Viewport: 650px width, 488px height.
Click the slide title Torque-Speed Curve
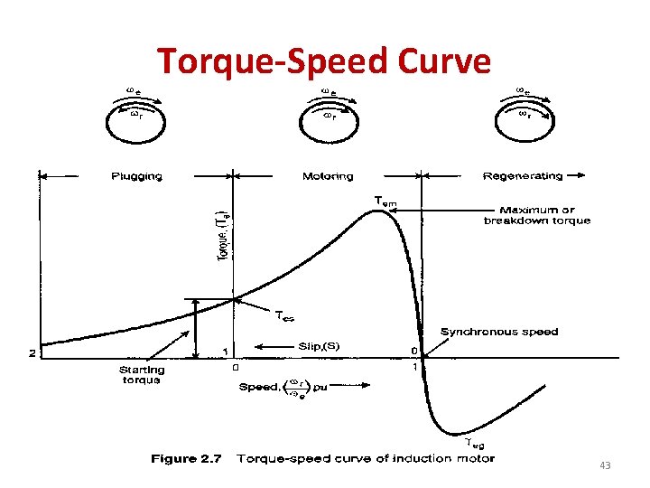point(324,61)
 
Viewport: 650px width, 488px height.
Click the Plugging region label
point(136,175)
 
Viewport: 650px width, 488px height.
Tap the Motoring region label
point(328,175)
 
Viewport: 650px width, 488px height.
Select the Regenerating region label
point(523,175)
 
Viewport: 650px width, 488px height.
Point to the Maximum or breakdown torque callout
point(537,215)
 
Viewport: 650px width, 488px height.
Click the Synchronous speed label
point(499,332)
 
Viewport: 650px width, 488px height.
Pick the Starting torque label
point(142,374)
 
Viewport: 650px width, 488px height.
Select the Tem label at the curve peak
point(385,200)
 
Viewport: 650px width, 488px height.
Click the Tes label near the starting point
point(284,315)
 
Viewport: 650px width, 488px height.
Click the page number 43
point(605,465)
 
